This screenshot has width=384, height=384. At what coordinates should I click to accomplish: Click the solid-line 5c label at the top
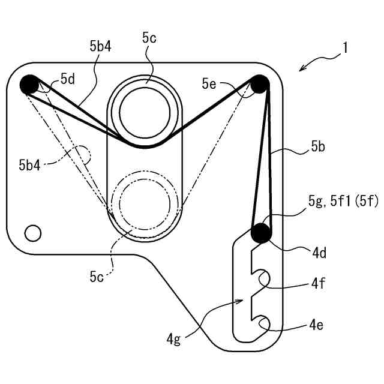[149, 38]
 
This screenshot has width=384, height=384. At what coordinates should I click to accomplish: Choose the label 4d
[319, 253]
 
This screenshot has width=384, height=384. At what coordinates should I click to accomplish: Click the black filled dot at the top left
[29, 85]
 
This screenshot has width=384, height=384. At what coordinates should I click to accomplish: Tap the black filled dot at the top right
[260, 84]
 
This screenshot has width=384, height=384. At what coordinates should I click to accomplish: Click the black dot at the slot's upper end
[260, 232]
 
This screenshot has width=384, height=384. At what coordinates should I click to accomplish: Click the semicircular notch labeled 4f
[262, 278]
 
